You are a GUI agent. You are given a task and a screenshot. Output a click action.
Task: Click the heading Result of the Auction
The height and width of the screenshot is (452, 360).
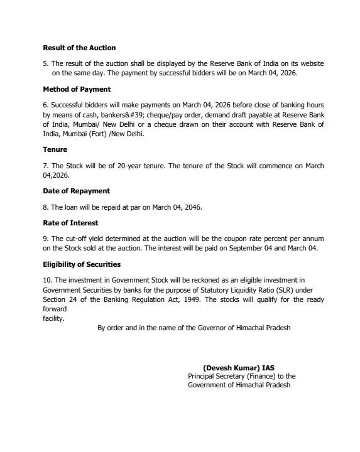tap(79, 48)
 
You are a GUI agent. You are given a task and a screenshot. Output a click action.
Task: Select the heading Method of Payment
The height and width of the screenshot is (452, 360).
tap(77, 89)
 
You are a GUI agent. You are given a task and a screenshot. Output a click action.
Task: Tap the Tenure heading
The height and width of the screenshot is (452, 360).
tap(55, 150)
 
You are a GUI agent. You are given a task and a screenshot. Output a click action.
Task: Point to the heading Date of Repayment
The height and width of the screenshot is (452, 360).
tap(76, 191)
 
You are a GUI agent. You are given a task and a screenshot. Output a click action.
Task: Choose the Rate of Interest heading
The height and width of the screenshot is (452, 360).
tap(70, 223)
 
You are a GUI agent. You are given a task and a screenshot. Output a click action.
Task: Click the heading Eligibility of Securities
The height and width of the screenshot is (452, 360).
tap(82, 264)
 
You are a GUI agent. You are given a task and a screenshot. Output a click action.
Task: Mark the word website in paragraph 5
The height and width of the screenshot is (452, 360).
tap(312, 63)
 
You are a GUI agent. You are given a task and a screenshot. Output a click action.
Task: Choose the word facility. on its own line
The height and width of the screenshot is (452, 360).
tap(53, 318)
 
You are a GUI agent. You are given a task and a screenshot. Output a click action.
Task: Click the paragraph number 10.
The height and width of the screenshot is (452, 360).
tap(48, 280)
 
